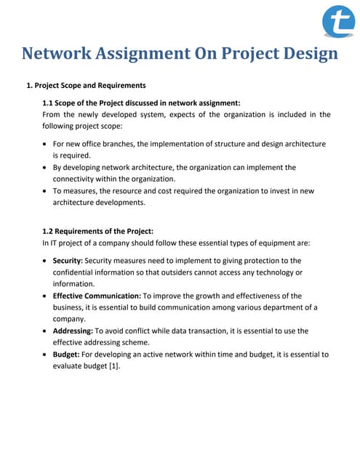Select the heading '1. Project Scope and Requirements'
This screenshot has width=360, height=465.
tap(86, 86)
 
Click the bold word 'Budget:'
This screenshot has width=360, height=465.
tap(66, 355)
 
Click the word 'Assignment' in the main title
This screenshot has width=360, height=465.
tap(155, 54)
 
